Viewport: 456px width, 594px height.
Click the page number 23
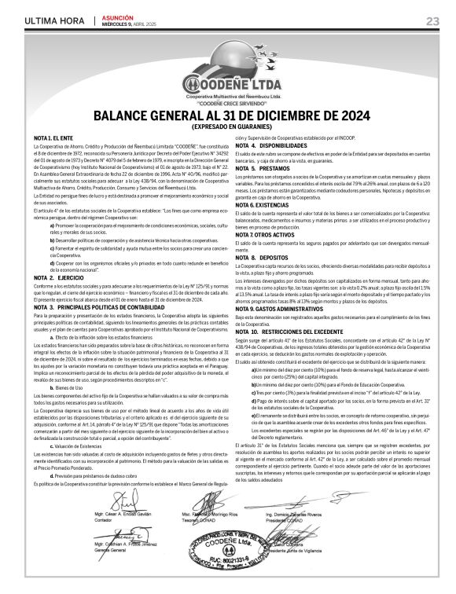[432, 20]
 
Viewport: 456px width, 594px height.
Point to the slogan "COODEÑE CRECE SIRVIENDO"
[227, 103]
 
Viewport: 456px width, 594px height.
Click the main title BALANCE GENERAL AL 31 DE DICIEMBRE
[227, 117]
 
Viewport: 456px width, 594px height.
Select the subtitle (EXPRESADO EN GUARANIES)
[227, 127]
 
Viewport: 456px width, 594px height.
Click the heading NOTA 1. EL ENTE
[51, 137]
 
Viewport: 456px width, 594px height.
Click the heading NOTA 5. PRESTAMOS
[257, 168]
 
